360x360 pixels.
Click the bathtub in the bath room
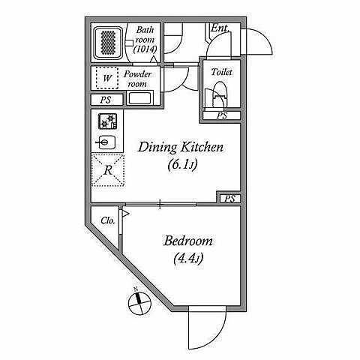coord(108,43)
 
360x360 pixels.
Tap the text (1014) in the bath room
coord(145,49)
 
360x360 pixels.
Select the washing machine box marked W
coord(107,78)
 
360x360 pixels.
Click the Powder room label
coord(137,79)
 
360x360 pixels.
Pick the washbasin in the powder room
coord(139,98)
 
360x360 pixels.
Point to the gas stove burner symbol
coord(108,121)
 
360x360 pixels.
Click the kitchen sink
coord(106,142)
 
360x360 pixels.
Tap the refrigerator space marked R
coord(108,170)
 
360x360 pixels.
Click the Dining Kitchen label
coord(181,147)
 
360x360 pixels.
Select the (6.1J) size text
coord(182,165)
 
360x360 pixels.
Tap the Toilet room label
coord(221,72)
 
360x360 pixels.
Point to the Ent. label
coord(220,28)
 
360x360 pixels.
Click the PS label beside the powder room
coord(106,100)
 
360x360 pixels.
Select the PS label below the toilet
coord(222,115)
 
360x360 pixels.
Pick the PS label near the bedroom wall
coord(229,199)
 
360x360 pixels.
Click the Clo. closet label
coord(108,220)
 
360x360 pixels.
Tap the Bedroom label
coord(188,241)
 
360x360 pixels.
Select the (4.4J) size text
coord(187,258)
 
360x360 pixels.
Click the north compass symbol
coord(139,302)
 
